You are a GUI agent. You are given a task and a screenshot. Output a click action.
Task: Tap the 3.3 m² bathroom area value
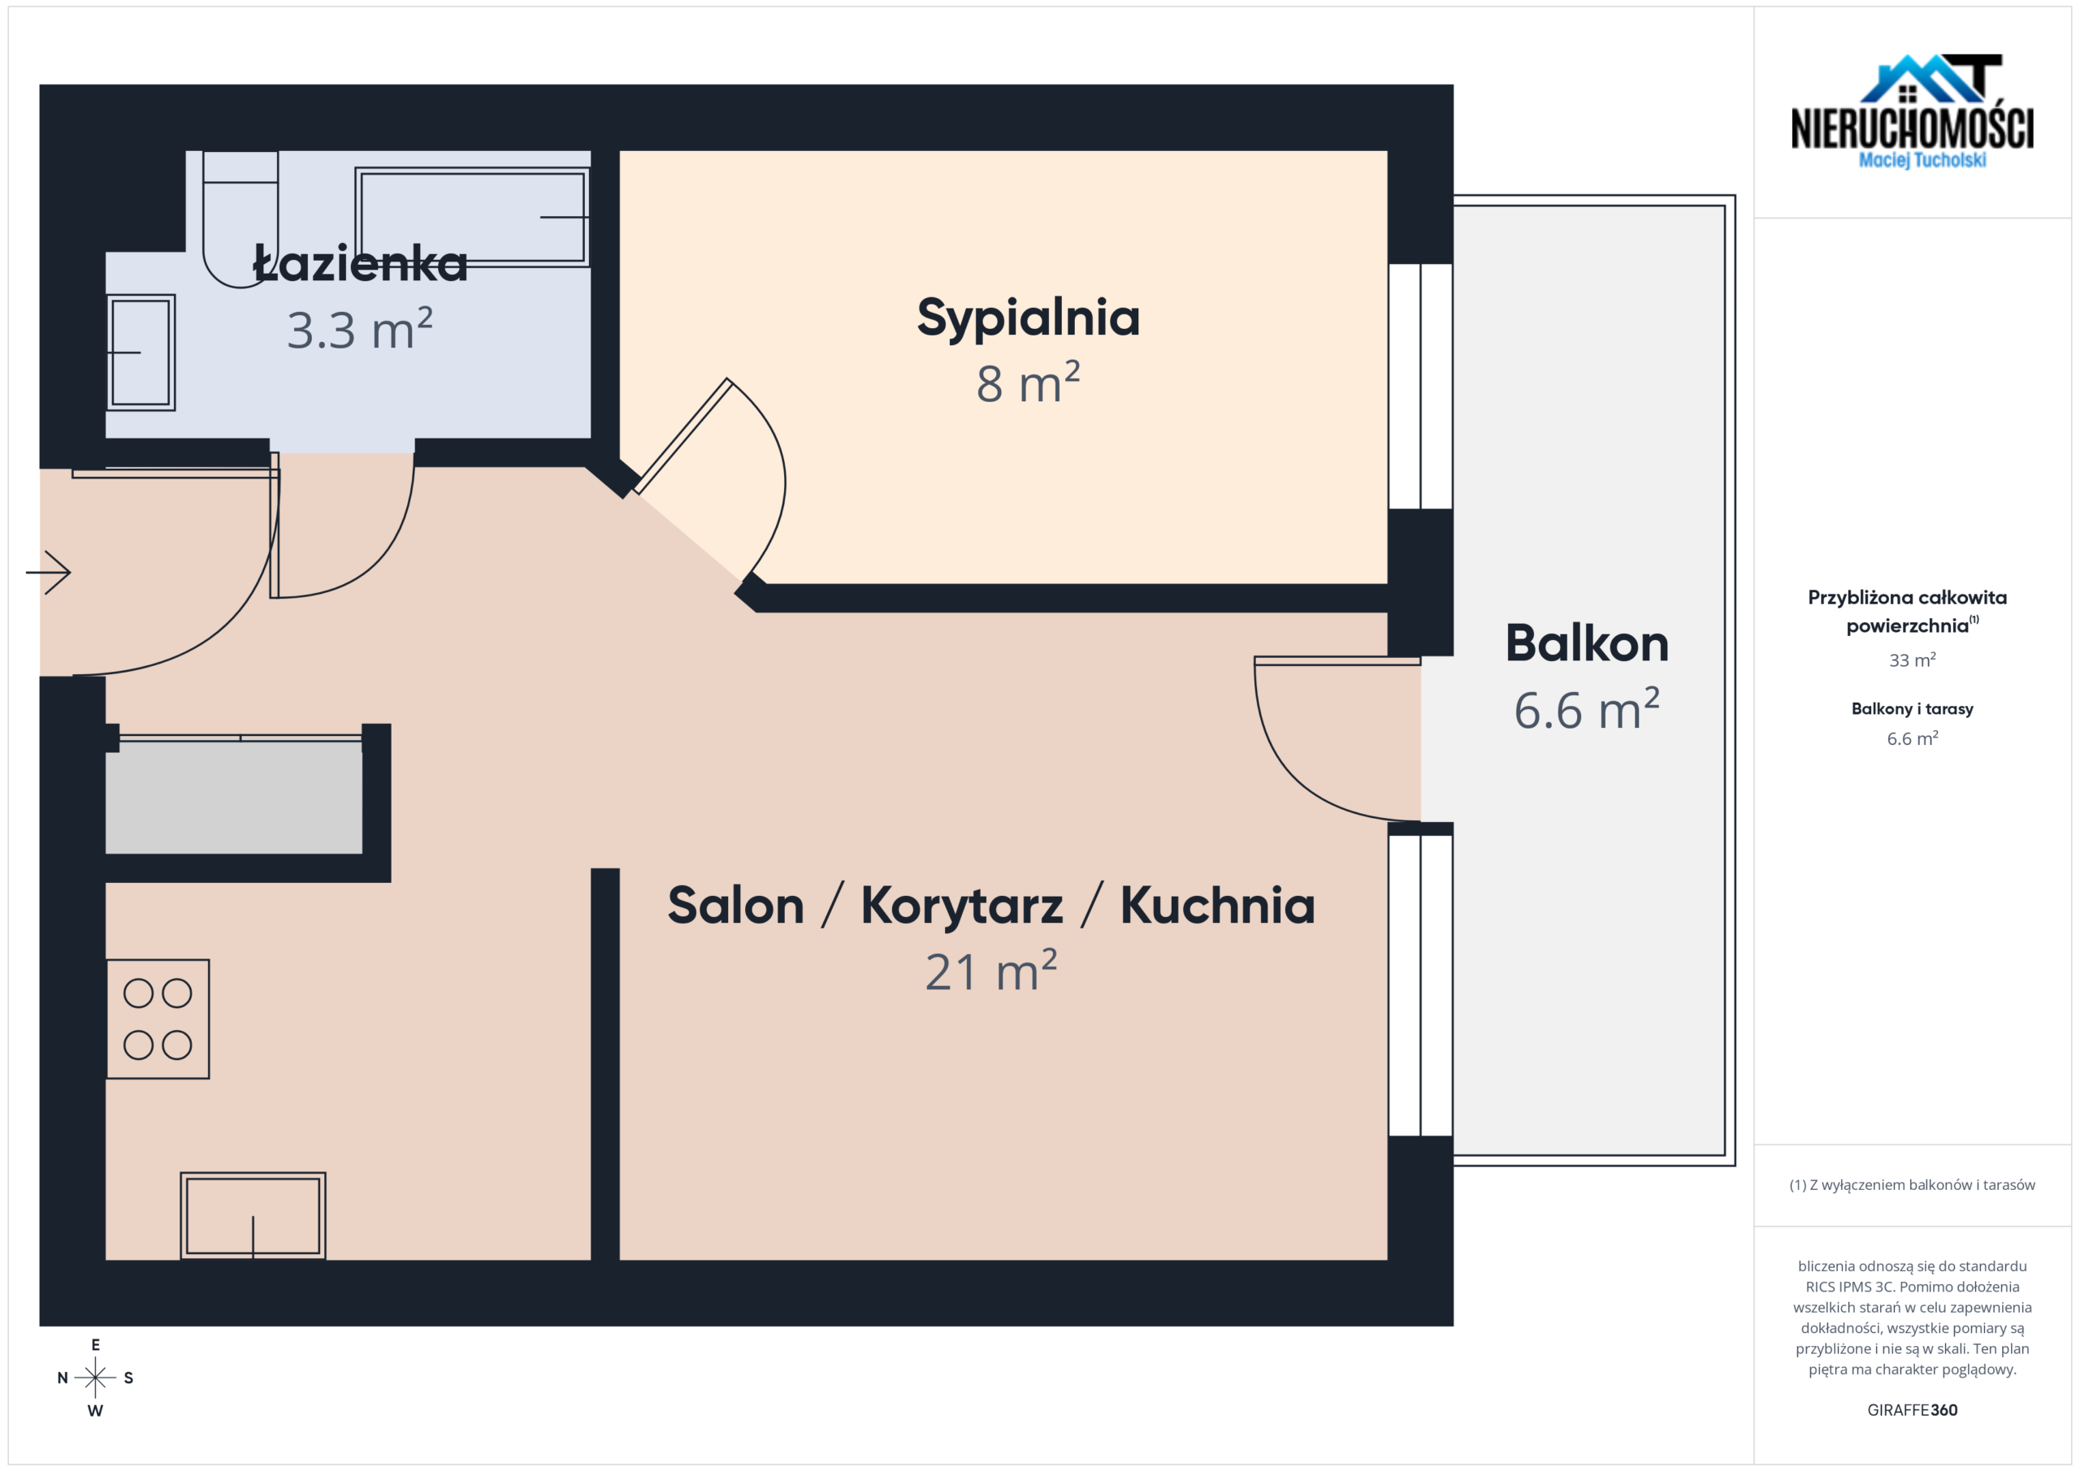click(x=360, y=329)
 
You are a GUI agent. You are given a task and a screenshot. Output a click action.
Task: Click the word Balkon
click(x=1587, y=643)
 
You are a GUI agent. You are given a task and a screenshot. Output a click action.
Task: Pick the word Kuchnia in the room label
click(x=1218, y=905)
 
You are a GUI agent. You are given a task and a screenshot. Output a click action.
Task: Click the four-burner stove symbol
click(x=158, y=1019)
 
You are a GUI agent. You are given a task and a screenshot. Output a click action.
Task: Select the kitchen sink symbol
click(x=253, y=1216)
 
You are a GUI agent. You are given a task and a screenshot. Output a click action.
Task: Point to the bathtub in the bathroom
click(x=472, y=217)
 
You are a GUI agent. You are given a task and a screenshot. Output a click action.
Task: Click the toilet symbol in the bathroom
click(x=240, y=219)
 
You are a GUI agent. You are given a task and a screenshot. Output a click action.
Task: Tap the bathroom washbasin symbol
click(x=141, y=353)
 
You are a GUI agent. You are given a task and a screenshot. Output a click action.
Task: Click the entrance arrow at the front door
click(x=48, y=573)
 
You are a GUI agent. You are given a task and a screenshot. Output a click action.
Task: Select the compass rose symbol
click(x=95, y=1378)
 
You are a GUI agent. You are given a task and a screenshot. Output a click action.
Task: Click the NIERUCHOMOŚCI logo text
click(x=1913, y=128)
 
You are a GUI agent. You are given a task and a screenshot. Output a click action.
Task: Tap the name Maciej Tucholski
click(x=1922, y=160)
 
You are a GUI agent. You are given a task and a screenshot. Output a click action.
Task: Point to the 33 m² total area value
click(x=1913, y=660)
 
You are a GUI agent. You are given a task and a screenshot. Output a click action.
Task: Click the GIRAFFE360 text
click(x=1913, y=1410)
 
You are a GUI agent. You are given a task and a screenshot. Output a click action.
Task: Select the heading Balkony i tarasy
click(x=1913, y=708)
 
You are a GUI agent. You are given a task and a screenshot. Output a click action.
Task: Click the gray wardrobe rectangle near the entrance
click(x=234, y=797)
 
